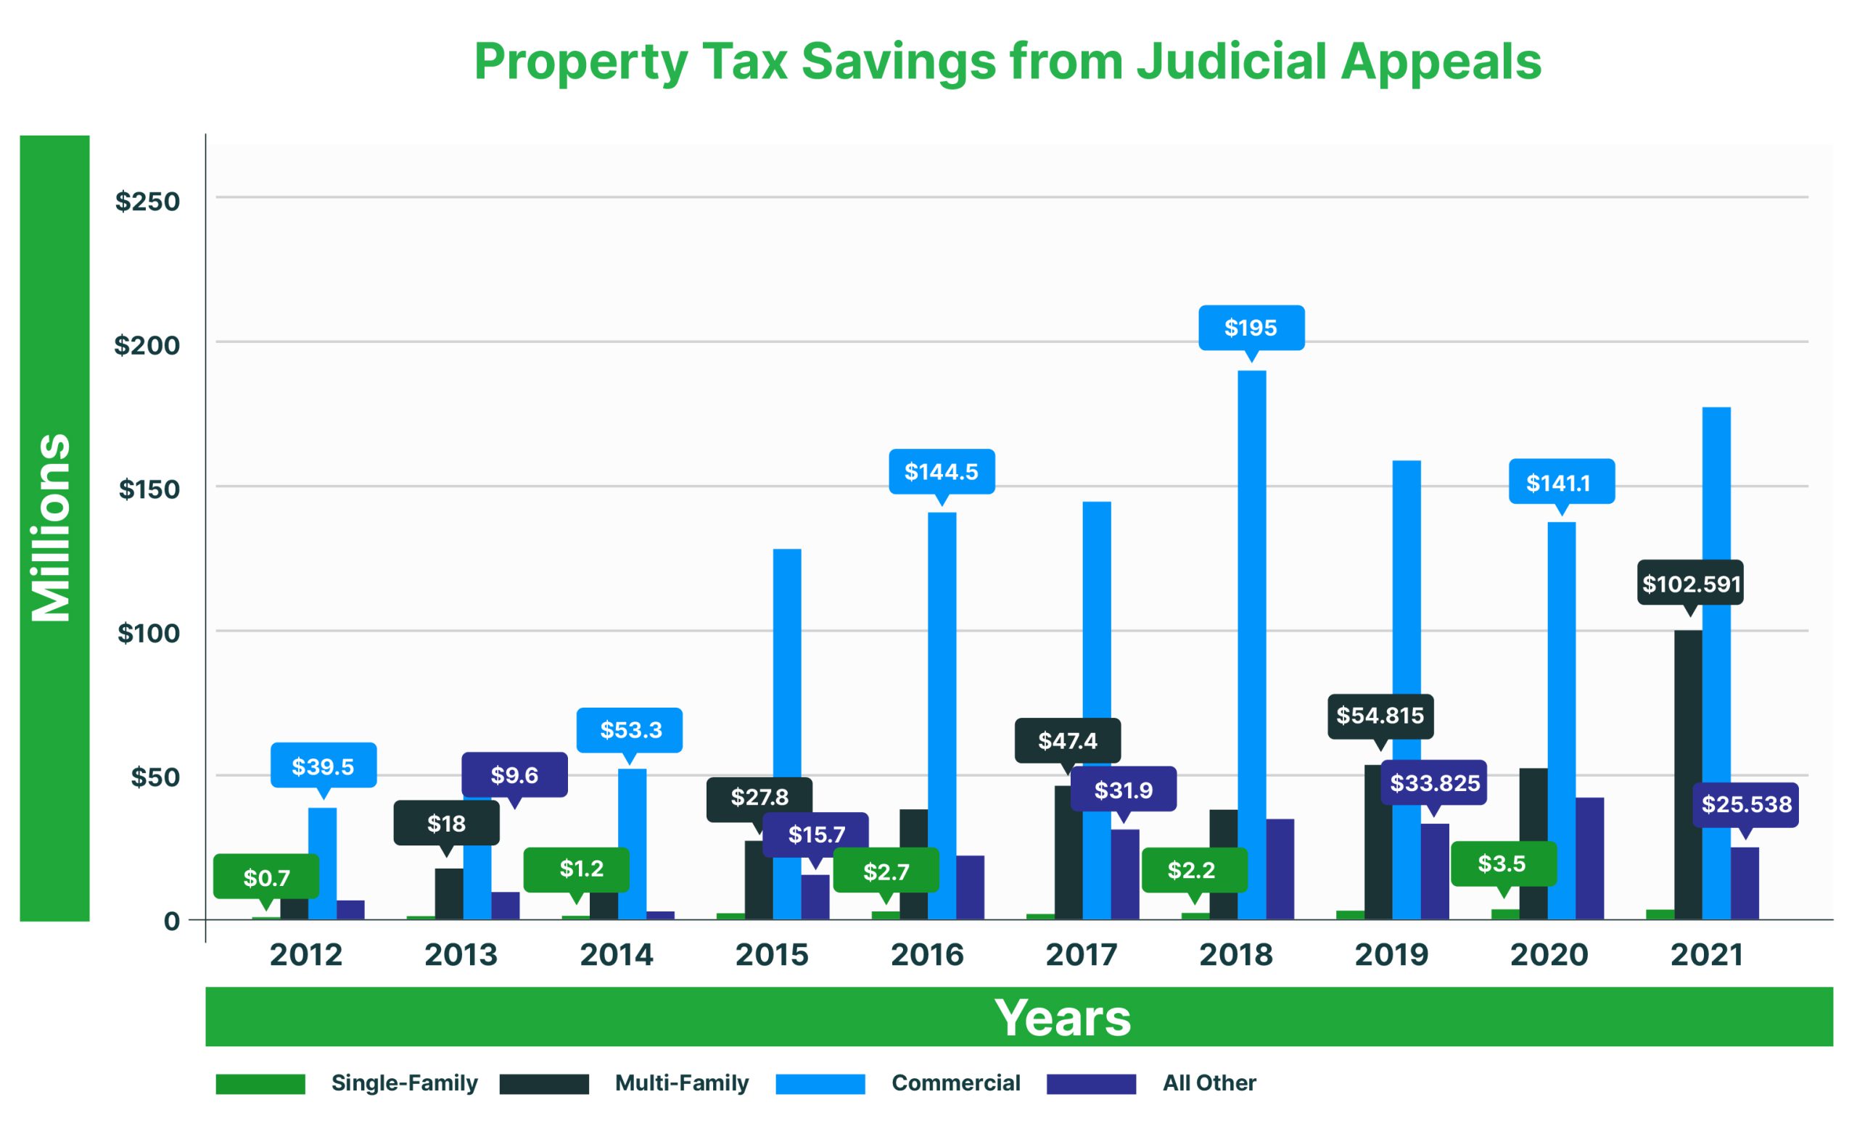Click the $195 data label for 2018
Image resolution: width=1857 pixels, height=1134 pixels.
1251,328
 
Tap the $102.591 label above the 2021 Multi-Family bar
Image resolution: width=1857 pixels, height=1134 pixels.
1690,584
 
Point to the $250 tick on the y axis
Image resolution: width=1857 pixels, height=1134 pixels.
148,202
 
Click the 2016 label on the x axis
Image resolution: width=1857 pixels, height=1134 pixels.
927,956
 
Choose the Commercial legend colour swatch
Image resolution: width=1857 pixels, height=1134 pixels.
820,1083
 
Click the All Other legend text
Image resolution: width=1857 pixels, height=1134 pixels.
1209,1083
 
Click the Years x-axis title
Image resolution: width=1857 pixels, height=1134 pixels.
1063,1018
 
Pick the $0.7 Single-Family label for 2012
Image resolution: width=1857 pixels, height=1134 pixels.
266,878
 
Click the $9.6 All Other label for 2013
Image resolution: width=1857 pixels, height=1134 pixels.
514,775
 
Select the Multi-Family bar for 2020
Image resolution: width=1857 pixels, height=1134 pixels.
1533,844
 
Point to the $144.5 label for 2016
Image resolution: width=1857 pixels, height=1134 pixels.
942,473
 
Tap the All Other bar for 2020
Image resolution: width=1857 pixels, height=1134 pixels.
1589,859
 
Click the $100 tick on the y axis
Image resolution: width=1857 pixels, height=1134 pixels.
149,634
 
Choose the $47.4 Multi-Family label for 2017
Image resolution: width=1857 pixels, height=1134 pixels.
1067,742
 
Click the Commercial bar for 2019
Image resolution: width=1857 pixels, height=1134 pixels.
1407,603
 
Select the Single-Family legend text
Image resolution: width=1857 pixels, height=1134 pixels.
404,1083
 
